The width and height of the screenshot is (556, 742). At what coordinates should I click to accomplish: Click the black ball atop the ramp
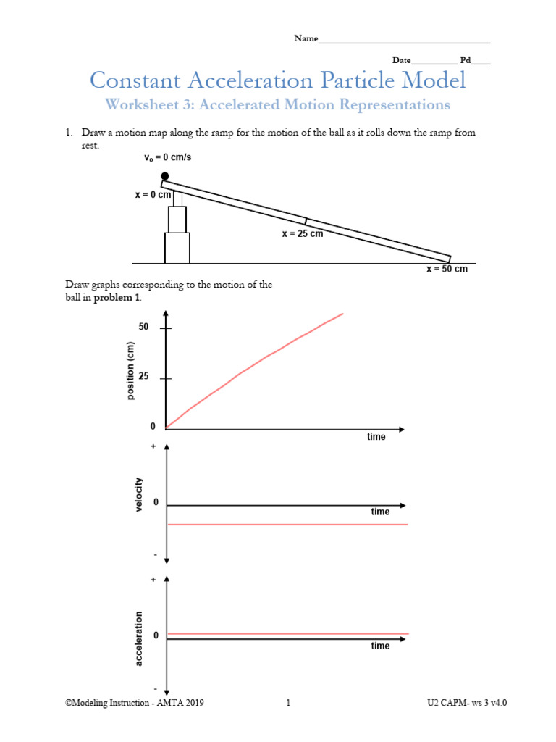click(x=165, y=176)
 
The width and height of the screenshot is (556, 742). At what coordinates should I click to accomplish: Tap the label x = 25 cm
click(x=302, y=234)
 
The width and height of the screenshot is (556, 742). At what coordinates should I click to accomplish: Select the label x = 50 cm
click(x=447, y=269)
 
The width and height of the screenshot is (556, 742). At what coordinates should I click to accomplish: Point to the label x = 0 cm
click(x=153, y=195)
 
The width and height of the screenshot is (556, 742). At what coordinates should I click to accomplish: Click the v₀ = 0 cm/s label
click(x=174, y=157)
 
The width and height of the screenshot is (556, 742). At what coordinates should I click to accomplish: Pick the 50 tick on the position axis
click(x=166, y=328)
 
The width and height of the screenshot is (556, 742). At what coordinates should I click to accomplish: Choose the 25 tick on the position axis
click(x=166, y=378)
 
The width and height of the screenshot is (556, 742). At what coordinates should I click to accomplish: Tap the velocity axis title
click(x=139, y=496)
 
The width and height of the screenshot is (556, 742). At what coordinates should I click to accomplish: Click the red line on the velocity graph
click(x=290, y=524)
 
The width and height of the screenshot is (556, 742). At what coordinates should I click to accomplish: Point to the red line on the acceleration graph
click(x=290, y=634)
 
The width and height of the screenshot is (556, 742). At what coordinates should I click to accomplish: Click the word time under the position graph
click(x=376, y=437)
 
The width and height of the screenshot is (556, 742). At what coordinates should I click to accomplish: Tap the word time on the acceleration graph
click(x=380, y=646)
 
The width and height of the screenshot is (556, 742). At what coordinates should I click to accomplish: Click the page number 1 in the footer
click(x=288, y=703)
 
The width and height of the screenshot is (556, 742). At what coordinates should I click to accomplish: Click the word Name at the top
click(x=306, y=38)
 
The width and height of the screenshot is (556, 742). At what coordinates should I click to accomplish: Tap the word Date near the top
click(x=402, y=61)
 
